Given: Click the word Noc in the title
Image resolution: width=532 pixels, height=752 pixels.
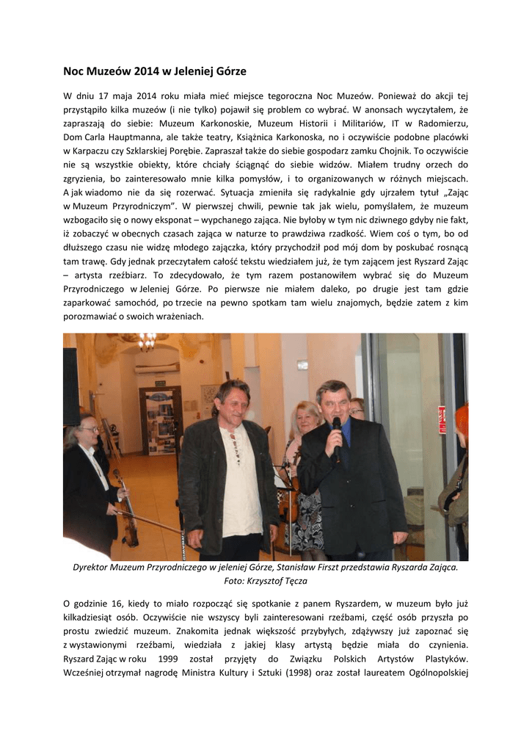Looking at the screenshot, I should pyautogui.click(x=75, y=71).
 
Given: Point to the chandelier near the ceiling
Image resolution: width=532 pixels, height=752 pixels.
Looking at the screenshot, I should pyautogui.click(x=146, y=341).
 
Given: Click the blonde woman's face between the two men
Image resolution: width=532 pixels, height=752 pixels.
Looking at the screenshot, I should pyautogui.click(x=305, y=419).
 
